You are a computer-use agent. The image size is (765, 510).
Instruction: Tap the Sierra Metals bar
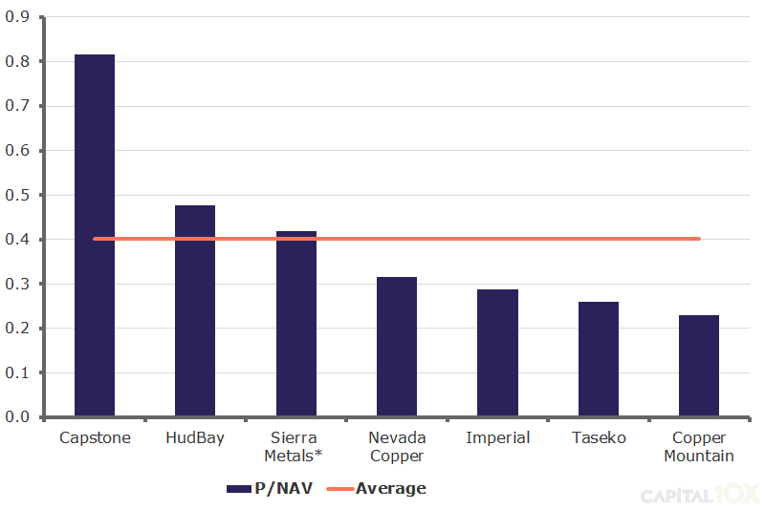[x=296, y=325]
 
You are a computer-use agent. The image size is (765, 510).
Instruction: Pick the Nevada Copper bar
[x=397, y=348]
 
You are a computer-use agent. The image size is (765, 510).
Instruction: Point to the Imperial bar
[x=497, y=353]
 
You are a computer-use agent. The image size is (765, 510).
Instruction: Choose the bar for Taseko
[x=599, y=360]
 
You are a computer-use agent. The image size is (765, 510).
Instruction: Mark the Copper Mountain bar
[x=699, y=367]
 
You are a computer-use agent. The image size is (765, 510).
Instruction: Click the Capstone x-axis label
[x=95, y=438]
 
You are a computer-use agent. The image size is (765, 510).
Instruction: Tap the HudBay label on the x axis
[x=195, y=438]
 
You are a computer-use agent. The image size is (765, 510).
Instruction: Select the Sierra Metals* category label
[x=296, y=447]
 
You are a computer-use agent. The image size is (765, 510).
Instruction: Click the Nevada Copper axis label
[x=397, y=447]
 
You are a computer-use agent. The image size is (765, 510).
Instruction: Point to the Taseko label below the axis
[x=599, y=438]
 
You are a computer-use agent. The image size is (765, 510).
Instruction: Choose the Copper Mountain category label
[x=699, y=447]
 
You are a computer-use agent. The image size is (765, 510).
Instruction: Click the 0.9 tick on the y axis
[x=18, y=17]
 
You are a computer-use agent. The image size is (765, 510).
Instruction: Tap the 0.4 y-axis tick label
[x=18, y=240]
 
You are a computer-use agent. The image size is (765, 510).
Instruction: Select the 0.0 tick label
[x=18, y=417]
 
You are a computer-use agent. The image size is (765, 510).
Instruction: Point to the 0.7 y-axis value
[x=18, y=106]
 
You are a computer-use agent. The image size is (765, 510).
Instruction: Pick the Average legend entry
[x=377, y=488]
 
